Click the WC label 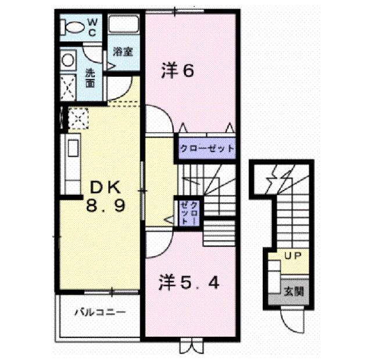(92, 28)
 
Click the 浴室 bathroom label (123, 52)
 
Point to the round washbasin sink (68, 60)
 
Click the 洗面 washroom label (90, 78)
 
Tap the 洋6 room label (177, 70)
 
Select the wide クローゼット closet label (207, 149)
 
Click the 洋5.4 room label (189, 283)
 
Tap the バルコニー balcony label (100, 312)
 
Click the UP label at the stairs (293, 255)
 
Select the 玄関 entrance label (294, 291)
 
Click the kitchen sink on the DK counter (73, 148)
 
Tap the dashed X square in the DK (78, 119)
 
